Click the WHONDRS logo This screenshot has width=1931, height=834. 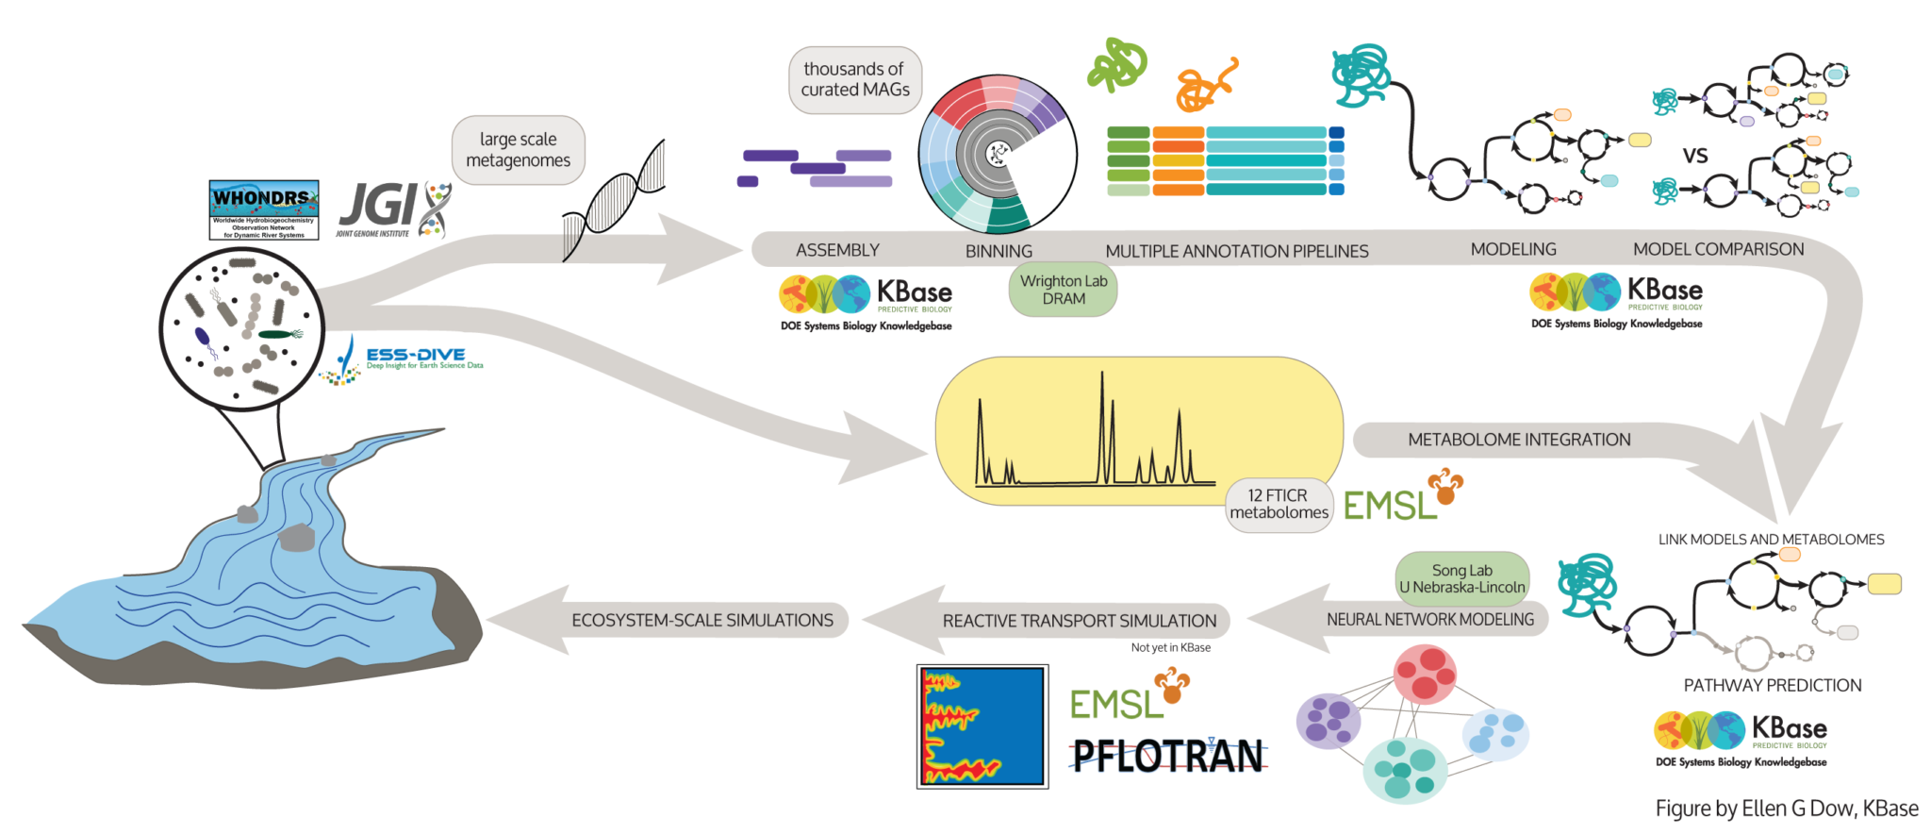click(x=263, y=209)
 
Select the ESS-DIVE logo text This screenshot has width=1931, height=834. click(x=416, y=356)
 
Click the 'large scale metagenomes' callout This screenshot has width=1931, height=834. click(x=518, y=150)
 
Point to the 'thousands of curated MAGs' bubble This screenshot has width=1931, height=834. click(x=854, y=80)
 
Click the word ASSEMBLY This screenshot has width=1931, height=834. click(x=837, y=250)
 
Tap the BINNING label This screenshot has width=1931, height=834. click(x=999, y=251)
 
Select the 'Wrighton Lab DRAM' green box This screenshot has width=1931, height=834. click(x=1064, y=290)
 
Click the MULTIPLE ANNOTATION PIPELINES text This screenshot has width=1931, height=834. click(x=1236, y=251)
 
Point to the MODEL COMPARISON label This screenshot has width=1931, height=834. click(x=1718, y=249)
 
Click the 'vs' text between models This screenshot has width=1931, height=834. click(x=1694, y=156)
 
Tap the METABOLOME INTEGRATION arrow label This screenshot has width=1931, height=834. click(x=1518, y=440)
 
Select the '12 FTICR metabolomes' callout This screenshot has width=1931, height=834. click(x=1279, y=505)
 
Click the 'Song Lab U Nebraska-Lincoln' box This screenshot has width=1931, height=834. click(x=1461, y=578)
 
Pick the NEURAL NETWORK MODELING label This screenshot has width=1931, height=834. click(x=1429, y=620)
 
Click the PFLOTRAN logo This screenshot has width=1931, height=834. click(x=1168, y=756)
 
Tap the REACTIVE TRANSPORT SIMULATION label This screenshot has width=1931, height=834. click(x=1079, y=621)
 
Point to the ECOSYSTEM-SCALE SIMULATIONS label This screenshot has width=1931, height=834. click(x=701, y=620)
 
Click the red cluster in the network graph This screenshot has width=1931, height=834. click(x=1425, y=674)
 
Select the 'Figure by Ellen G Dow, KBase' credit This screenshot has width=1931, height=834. click(x=1786, y=809)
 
